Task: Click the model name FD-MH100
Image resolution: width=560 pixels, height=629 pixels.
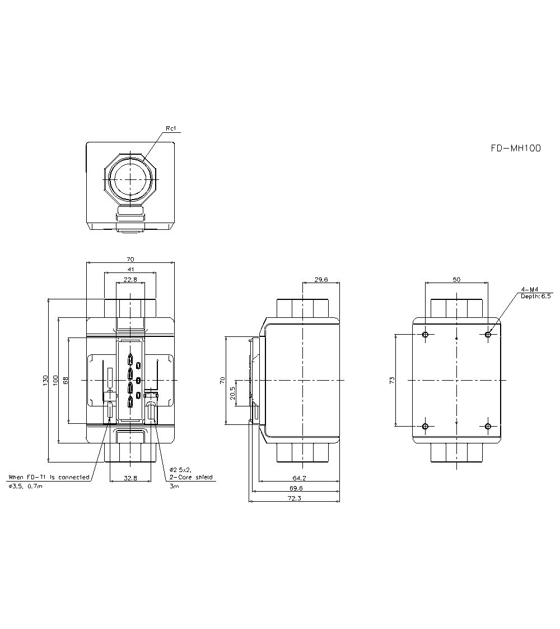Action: [x=516, y=149]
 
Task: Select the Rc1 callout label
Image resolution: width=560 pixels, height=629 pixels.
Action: [x=171, y=129]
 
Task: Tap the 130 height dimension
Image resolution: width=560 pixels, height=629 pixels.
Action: [x=45, y=380]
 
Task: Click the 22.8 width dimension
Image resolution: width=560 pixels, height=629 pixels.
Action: [x=130, y=279]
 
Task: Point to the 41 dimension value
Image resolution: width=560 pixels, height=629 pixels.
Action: [x=130, y=270]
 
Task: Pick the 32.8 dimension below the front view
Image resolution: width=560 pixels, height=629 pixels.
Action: [x=130, y=478]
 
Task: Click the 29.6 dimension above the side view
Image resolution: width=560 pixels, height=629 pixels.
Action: [x=321, y=279]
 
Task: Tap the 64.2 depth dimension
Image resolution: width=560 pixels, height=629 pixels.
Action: [x=300, y=478]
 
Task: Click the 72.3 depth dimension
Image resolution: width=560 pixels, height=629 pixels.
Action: [x=295, y=498]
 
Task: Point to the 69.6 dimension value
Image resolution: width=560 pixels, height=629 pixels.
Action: [x=296, y=488]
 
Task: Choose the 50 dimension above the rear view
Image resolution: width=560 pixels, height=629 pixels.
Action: [x=456, y=279]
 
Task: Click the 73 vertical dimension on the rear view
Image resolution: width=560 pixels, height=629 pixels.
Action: [x=392, y=380]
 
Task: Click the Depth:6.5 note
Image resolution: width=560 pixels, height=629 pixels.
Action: [x=536, y=296]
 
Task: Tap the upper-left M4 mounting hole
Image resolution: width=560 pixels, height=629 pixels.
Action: [x=426, y=335]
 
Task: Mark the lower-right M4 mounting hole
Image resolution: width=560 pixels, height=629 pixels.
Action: [x=488, y=427]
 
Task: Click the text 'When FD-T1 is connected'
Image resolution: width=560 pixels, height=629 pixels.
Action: [x=49, y=477]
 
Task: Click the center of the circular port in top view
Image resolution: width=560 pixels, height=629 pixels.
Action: [x=130, y=179]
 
